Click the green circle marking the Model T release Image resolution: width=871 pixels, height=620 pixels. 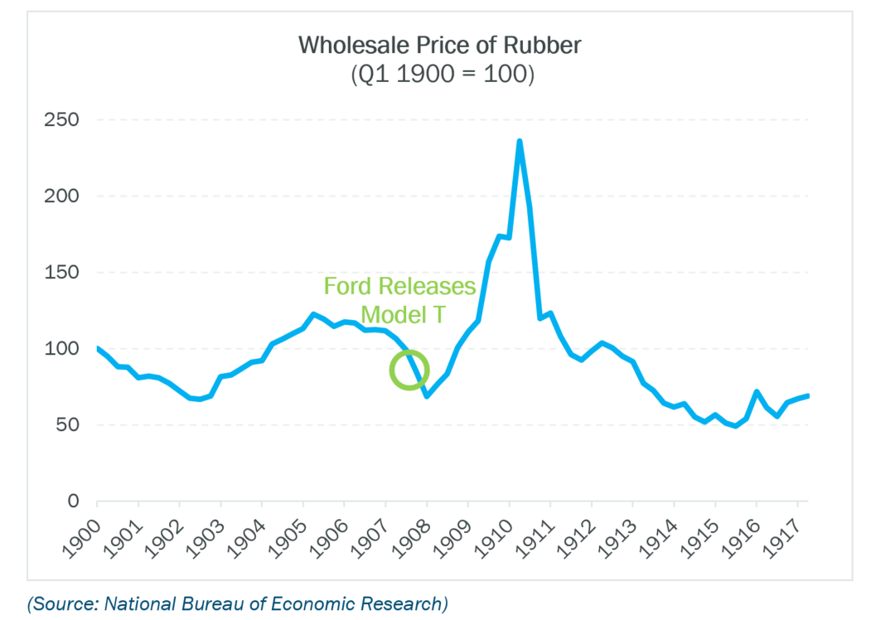coord(409,370)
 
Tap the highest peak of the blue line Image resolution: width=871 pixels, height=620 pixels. coord(520,142)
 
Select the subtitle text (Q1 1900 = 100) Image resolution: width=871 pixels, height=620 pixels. coord(440,75)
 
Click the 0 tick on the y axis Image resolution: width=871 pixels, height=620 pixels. coord(73,501)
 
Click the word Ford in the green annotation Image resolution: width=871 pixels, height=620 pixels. coord(348,287)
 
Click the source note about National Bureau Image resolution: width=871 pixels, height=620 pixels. coord(237,603)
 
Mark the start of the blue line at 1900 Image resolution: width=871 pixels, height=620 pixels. coord(98,348)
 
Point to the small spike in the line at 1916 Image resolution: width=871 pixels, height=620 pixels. coord(756,391)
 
